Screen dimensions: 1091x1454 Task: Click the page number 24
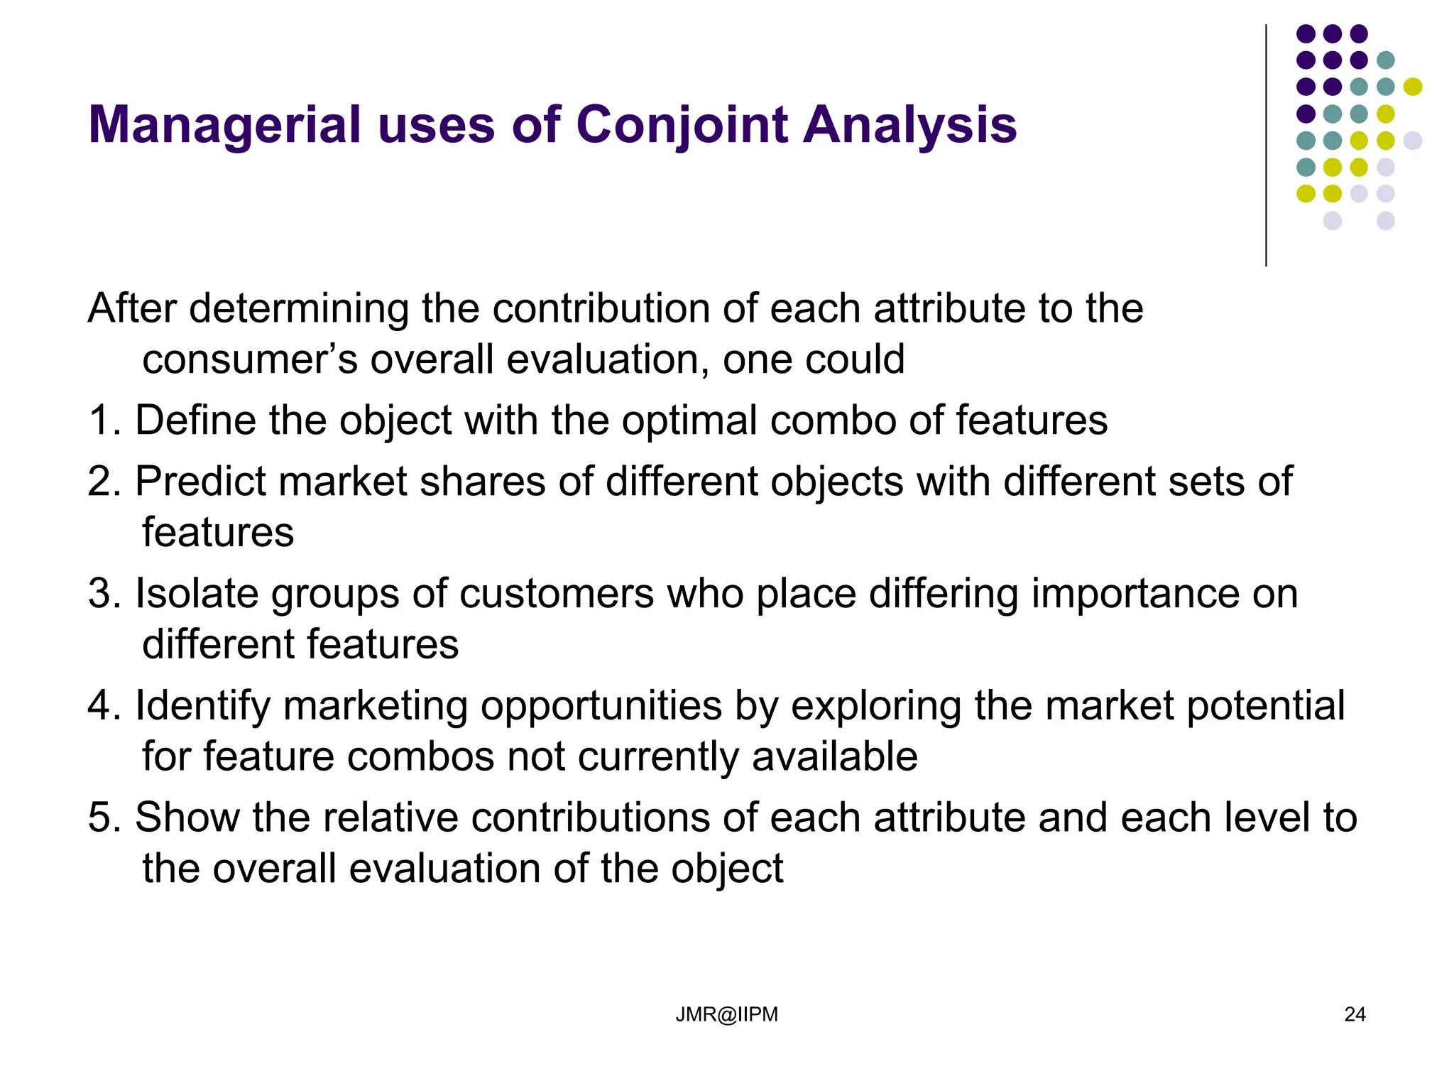(1355, 1014)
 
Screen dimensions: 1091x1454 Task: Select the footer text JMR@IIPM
(726, 1014)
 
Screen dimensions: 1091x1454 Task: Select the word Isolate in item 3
(197, 594)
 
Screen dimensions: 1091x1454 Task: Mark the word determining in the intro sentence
(298, 310)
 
